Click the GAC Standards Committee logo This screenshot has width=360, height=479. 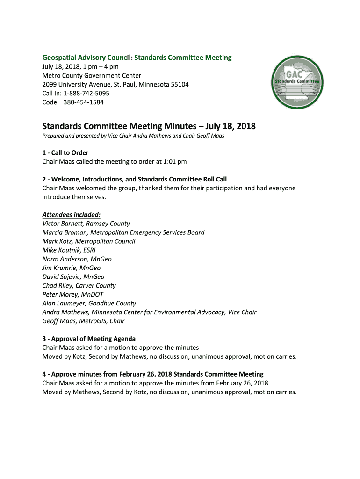297,82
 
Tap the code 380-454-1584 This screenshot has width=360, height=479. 84,102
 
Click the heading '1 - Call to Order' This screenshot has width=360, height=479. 65,152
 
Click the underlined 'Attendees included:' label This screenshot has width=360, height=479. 72,215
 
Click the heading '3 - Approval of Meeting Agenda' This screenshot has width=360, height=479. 89,339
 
